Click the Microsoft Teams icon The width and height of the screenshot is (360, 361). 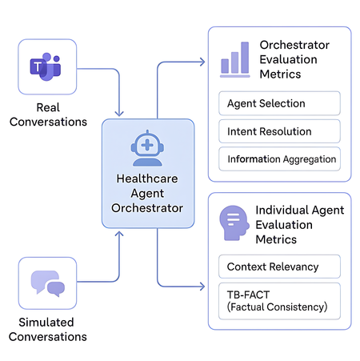coord(46,67)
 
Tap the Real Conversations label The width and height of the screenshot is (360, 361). coord(50,114)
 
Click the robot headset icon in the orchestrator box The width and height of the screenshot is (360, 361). coord(147,148)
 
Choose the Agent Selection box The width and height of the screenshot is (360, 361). coord(279,103)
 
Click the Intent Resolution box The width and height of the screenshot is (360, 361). coord(279,131)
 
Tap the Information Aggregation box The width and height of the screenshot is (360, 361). coord(279,158)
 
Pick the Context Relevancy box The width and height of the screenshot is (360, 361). coord(279,267)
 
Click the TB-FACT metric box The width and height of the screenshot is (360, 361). coord(279,301)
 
